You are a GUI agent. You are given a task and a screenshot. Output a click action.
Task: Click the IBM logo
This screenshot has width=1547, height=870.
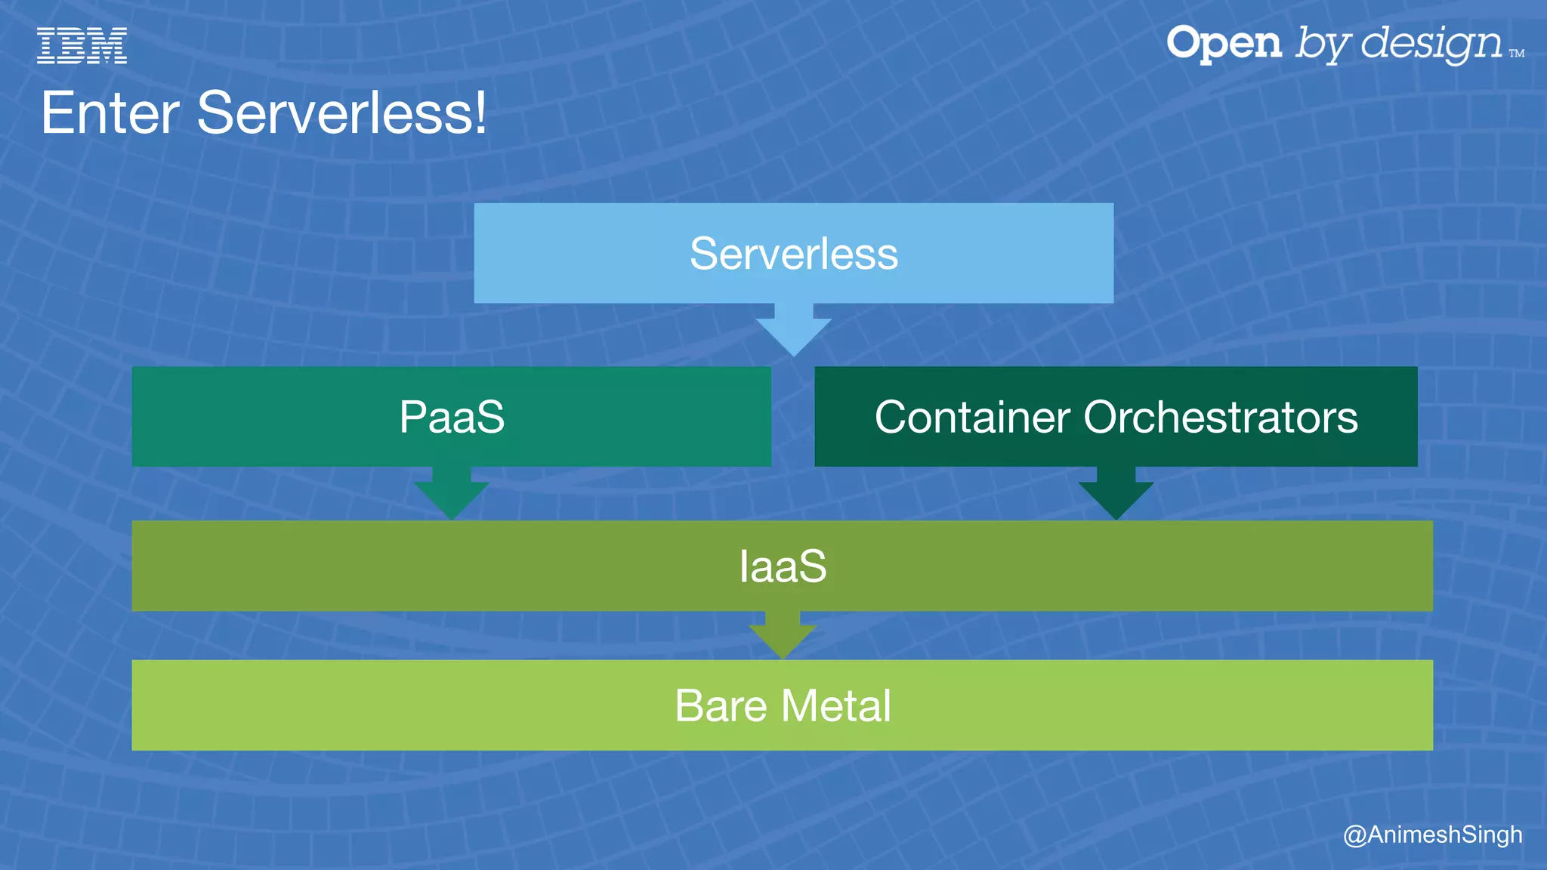82,45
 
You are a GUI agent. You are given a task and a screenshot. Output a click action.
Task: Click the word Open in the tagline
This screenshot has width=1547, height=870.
1224,44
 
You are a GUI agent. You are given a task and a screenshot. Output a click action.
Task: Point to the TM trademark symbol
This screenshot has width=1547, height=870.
1517,54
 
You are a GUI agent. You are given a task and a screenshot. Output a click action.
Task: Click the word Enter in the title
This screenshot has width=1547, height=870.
110,113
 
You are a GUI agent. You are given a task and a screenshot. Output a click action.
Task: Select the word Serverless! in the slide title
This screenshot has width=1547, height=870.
340,113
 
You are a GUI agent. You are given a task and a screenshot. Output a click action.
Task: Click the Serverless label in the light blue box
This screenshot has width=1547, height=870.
794,254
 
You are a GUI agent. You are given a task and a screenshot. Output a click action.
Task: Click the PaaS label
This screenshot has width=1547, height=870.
452,417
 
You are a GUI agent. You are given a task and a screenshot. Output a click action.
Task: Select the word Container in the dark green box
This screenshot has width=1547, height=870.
972,417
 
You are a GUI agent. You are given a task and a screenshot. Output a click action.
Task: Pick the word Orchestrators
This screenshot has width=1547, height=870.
1221,417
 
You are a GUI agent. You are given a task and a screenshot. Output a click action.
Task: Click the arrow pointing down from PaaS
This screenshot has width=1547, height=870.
452,495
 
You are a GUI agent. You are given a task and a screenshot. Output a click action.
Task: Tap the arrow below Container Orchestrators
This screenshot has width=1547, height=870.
1116,495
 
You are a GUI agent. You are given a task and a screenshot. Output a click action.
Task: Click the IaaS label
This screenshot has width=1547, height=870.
783,566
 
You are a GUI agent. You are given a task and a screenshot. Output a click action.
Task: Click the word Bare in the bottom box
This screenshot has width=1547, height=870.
721,706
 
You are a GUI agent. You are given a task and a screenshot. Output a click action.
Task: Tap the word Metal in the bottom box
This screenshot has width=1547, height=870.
836,706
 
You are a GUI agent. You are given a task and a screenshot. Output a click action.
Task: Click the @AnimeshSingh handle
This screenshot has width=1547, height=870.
1432,835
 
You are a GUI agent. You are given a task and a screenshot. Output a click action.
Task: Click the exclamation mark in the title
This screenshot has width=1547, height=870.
479,113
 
